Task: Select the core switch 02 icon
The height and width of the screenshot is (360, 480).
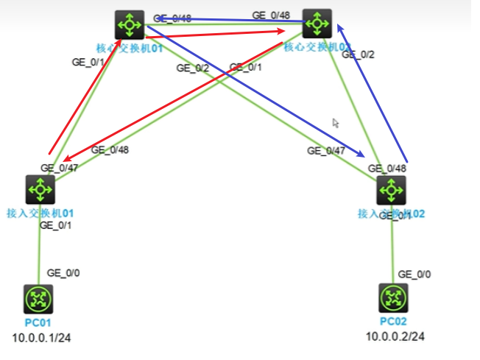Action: coord(317,24)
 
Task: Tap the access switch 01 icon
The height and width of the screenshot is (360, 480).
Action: coord(40,190)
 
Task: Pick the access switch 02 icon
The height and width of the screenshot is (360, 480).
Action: coord(390,191)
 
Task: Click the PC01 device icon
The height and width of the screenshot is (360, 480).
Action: coord(39,299)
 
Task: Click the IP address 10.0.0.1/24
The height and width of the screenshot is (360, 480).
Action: coord(41,339)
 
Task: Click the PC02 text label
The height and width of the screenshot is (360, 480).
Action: coord(392,322)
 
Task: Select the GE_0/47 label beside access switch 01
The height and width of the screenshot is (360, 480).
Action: coord(59,168)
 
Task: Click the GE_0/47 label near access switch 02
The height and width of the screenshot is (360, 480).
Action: coord(325,151)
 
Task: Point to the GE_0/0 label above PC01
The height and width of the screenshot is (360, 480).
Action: coord(63,273)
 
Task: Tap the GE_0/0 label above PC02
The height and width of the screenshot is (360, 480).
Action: coord(414,274)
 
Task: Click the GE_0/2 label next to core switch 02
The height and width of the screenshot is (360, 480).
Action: coord(359,54)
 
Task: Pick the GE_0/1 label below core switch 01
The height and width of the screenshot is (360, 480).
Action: coord(88,62)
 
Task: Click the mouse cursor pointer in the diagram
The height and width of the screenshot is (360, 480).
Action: coord(336,123)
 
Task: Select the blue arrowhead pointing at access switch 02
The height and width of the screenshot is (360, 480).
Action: coord(361,154)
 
